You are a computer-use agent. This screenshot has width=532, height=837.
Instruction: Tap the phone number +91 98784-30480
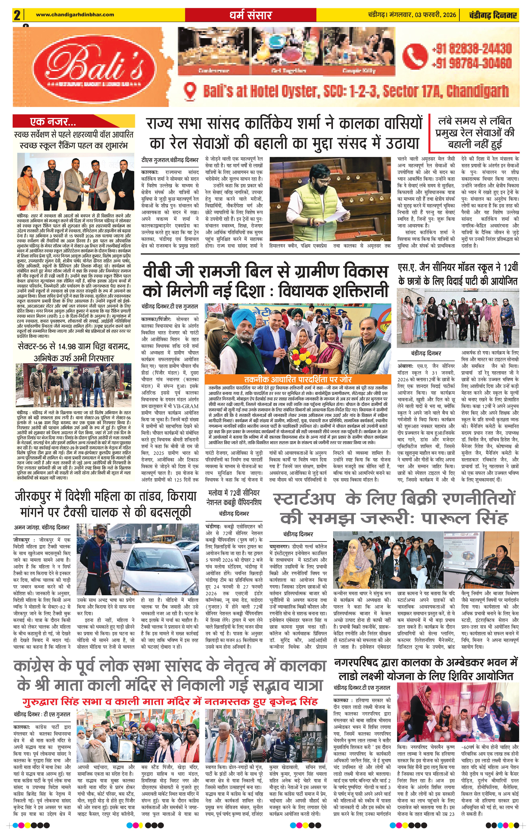[x=472, y=63]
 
